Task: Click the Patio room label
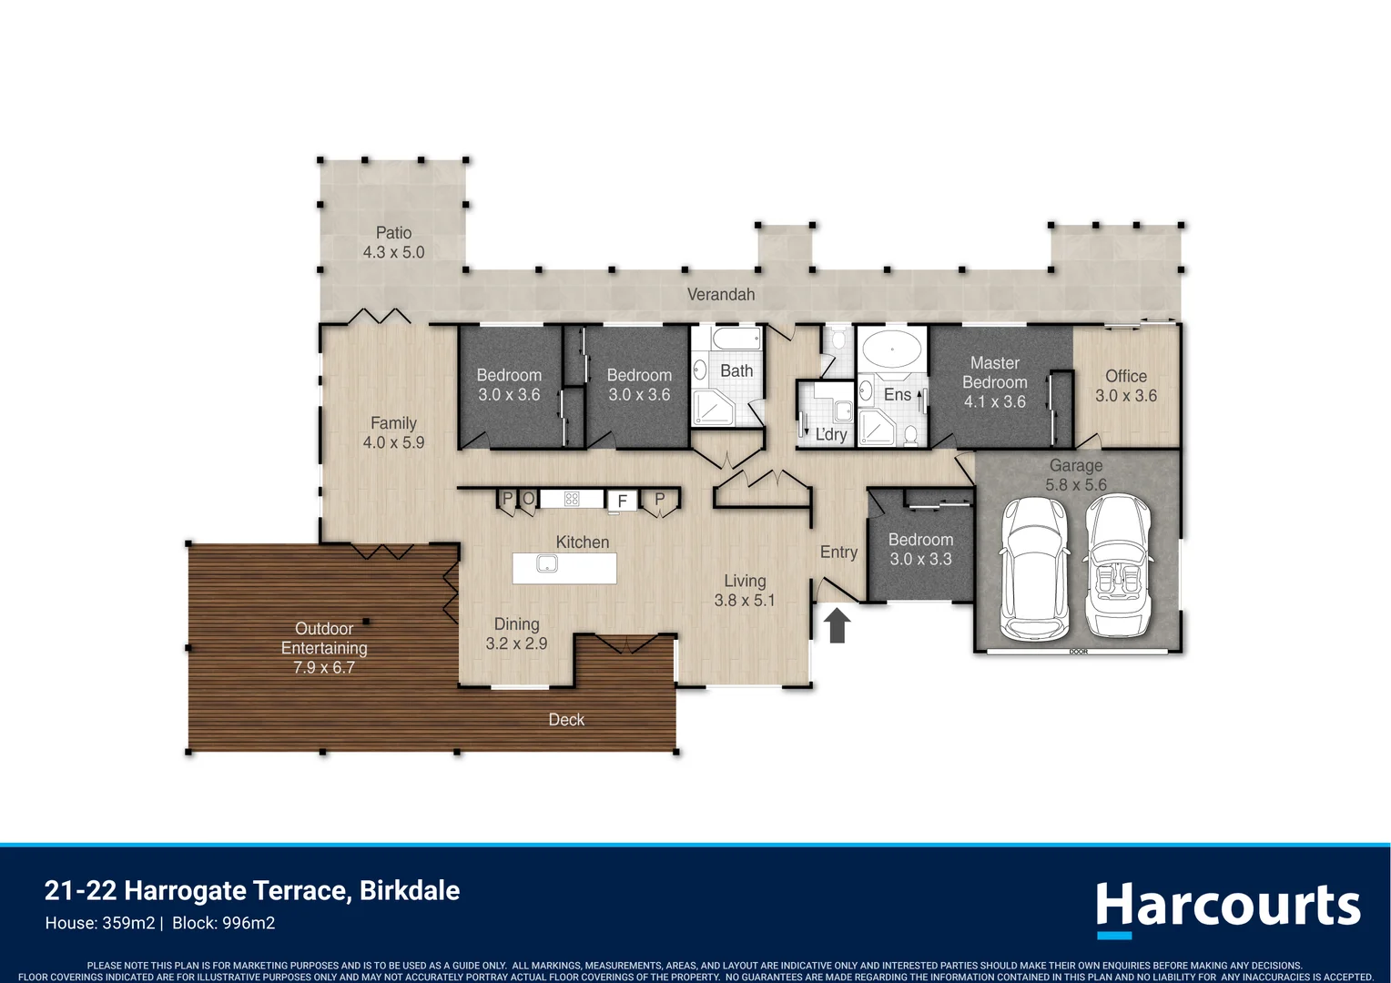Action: (x=393, y=233)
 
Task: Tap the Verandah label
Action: (x=720, y=294)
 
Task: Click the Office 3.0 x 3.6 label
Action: (x=1125, y=386)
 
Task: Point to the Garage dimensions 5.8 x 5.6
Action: (x=1075, y=485)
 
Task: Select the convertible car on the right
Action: (x=1118, y=568)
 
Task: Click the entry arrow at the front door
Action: (x=837, y=626)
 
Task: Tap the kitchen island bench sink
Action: (x=546, y=564)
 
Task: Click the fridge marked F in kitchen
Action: (x=623, y=501)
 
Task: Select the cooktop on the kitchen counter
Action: (x=572, y=499)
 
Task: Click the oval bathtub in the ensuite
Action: (x=891, y=349)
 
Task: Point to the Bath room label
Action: (x=736, y=371)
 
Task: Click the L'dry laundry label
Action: (x=830, y=435)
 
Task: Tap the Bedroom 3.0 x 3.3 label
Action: (x=920, y=550)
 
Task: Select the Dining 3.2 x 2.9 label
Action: (x=516, y=633)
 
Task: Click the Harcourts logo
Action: (x=1227, y=907)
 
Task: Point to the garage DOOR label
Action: (x=1078, y=652)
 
